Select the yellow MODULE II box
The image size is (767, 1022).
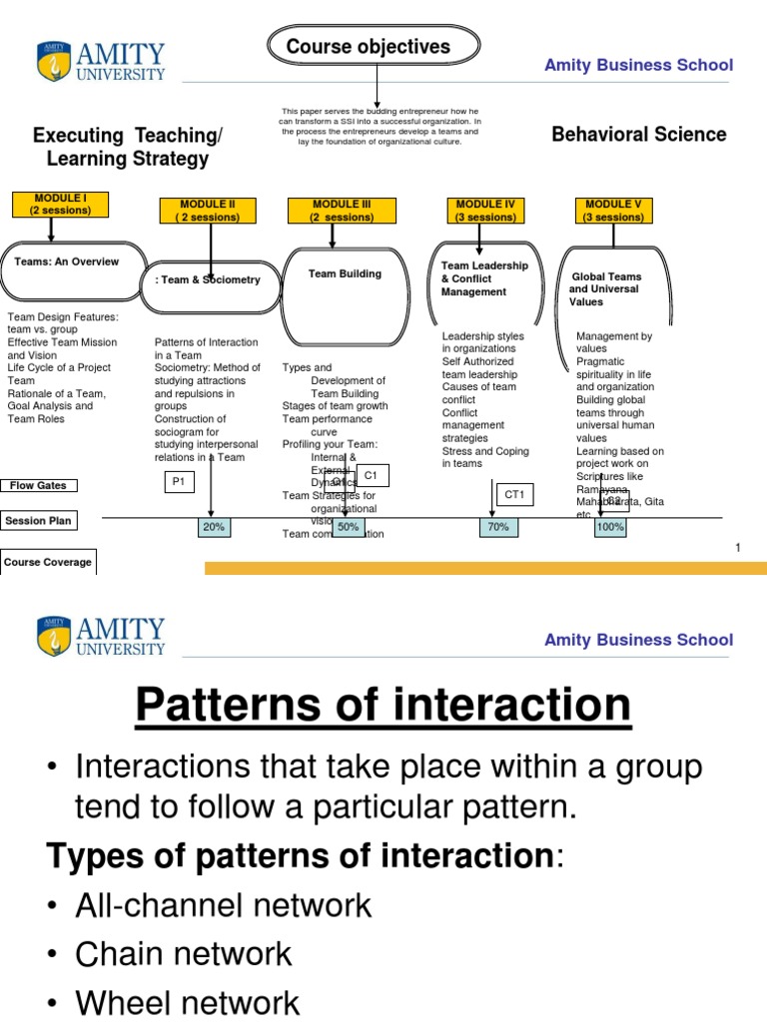204,211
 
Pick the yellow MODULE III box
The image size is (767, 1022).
342,211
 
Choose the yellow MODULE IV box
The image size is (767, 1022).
485,211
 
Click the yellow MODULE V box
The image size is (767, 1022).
613,211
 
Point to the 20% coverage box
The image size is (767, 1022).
214,527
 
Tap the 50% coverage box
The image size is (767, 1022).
349,527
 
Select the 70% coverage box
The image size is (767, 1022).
498,527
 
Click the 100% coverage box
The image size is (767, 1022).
610,527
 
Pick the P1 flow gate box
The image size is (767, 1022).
180,481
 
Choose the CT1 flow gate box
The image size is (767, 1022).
513,493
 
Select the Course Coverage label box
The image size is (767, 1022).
48,562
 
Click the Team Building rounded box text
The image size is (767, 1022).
345,273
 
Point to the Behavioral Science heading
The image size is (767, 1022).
638,134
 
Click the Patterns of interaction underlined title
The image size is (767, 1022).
383,706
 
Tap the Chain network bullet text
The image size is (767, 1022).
184,953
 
